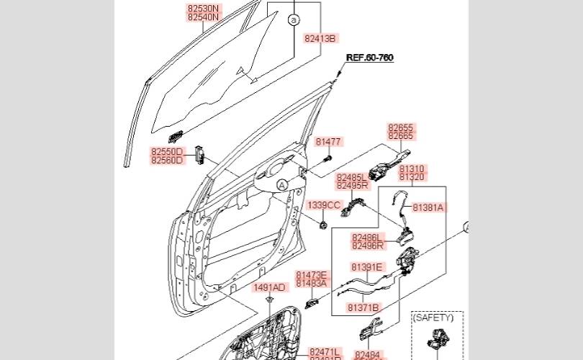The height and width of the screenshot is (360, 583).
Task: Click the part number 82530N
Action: tap(204, 8)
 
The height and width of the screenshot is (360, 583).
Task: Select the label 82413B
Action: tap(320, 38)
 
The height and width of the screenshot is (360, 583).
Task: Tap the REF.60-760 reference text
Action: tap(370, 58)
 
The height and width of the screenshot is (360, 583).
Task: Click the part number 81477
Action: tap(328, 142)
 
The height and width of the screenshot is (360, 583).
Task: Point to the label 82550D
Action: tap(168, 152)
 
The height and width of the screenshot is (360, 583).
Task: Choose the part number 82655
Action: tap(401, 127)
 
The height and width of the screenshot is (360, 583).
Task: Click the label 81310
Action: tap(412, 168)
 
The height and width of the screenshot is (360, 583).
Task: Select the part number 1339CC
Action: tap(324, 205)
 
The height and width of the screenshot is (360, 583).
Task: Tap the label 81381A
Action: tap(429, 207)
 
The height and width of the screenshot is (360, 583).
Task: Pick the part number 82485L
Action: tap(352, 177)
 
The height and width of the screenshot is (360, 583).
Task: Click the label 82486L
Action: tap(367, 236)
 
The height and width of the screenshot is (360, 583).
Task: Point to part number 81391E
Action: tap(366, 267)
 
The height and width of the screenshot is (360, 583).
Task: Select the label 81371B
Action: tap(363, 307)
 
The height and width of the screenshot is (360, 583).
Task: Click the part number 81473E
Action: tap(311, 275)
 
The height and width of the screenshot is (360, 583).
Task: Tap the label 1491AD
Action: tap(268, 287)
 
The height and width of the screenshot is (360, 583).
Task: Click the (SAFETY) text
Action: tap(433, 317)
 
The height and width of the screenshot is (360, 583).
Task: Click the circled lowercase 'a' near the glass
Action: tap(294, 21)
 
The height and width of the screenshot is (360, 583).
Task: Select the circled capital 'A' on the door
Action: tap(282, 185)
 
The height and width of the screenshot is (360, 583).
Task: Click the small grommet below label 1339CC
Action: tap(323, 224)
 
